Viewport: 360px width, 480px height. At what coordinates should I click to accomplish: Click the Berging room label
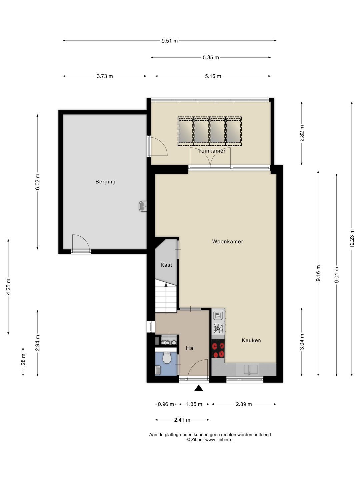point(105,182)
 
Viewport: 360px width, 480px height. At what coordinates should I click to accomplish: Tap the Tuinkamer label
point(212,151)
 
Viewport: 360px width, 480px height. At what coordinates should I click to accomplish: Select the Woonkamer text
point(228,241)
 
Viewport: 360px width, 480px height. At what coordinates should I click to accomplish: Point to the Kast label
point(166,265)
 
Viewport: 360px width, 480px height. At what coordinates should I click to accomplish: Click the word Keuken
point(251,340)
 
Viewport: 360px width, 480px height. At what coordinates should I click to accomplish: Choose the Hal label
point(190,348)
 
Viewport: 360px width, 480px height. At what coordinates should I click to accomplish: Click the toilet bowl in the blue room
point(167,358)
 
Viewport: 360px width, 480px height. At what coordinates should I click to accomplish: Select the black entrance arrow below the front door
point(199,388)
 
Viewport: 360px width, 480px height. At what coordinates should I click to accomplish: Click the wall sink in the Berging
point(143,206)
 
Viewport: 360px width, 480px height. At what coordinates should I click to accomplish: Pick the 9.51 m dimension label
point(170,41)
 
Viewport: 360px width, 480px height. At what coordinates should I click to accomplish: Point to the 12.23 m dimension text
point(352,238)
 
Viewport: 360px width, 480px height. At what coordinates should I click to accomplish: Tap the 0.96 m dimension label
point(166,404)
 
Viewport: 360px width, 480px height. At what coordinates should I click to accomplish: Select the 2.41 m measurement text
point(182,420)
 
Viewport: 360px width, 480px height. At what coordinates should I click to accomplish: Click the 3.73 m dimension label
point(105,76)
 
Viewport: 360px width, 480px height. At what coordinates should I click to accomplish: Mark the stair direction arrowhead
point(166,285)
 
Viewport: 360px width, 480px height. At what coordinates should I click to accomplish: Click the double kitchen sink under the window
point(251,369)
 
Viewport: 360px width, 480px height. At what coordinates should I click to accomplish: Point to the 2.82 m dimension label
point(302,133)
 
